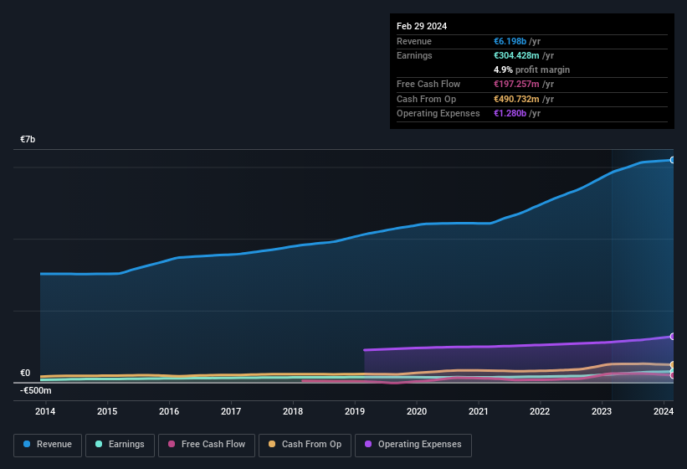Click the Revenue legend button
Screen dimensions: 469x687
click(x=48, y=445)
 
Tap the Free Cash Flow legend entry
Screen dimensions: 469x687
click(x=207, y=445)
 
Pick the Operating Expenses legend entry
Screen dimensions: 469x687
click(x=413, y=445)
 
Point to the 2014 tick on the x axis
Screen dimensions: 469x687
click(x=45, y=411)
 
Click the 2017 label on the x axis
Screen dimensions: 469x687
click(x=231, y=411)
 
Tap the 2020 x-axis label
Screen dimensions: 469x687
click(x=417, y=411)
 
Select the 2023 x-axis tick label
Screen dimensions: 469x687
click(x=602, y=411)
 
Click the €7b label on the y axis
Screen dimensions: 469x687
click(x=28, y=139)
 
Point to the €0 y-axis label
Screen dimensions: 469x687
click(x=25, y=374)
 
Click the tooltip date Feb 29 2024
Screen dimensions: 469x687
click(x=422, y=26)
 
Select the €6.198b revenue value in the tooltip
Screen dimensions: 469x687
click(x=511, y=41)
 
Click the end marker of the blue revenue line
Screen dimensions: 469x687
click(x=672, y=159)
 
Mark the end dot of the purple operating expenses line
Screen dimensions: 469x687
click(x=672, y=336)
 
